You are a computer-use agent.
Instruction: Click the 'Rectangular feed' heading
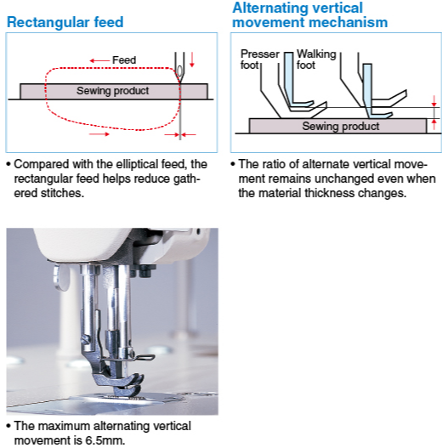click(x=65, y=22)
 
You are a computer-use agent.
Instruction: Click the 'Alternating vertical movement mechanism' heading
click(x=310, y=14)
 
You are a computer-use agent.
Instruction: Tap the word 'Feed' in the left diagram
click(x=124, y=60)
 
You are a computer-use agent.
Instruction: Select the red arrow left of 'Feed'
click(x=99, y=60)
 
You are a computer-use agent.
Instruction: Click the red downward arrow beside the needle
click(x=192, y=60)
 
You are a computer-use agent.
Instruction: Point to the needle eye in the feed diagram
click(x=179, y=71)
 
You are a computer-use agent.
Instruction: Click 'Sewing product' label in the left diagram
click(x=112, y=91)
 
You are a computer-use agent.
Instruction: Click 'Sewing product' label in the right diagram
click(x=341, y=127)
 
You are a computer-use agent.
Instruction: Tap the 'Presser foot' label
click(x=260, y=60)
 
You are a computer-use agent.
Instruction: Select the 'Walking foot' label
click(x=316, y=60)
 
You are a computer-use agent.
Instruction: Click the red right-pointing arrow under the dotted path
click(x=99, y=134)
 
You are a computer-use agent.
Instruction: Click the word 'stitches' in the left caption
click(x=62, y=193)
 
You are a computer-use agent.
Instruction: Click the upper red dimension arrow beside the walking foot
click(x=434, y=101)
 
